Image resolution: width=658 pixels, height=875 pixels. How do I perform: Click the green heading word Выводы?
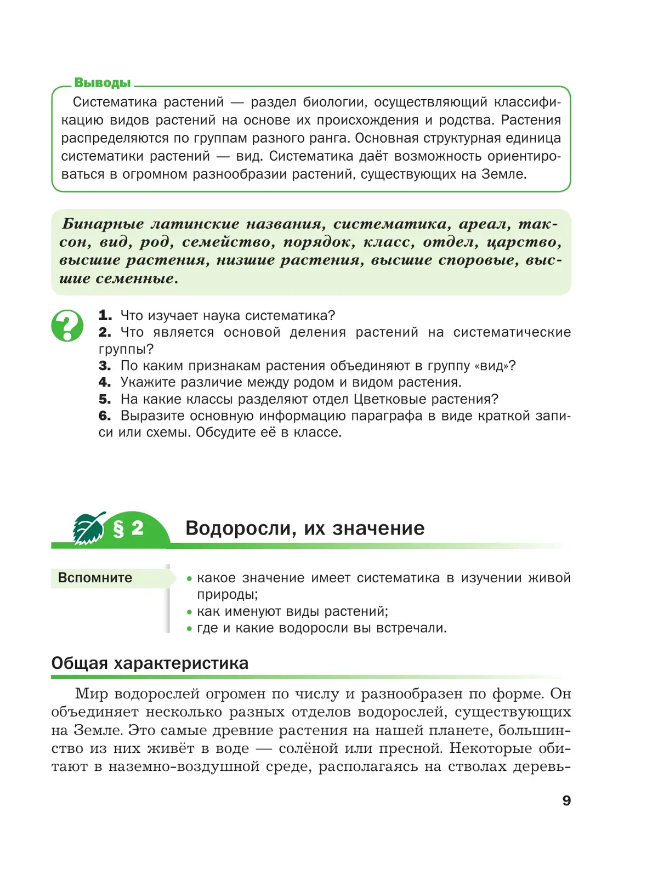[x=103, y=83]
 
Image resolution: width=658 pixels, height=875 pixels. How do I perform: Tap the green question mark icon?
[x=67, y=325]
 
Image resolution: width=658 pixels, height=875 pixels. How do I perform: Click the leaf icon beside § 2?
[x=89, y=529]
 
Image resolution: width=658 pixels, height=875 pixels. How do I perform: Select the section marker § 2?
[x=128, y=529]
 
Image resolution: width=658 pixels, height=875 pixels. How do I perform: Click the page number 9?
[x=566, y=800]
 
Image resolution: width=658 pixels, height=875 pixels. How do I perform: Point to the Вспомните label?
[x=95, y=578]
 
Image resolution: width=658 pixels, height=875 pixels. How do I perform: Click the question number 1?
[x=105, y=316]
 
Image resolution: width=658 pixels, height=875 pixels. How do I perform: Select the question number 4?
[x=105, y=382]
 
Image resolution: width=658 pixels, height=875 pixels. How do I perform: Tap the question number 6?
[x=105, y=416]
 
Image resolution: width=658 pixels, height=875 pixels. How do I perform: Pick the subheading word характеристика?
[x=181, y=663]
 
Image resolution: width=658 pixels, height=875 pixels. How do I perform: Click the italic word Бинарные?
[x=103, y=224]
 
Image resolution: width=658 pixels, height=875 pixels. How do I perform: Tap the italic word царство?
[x=524, y=242]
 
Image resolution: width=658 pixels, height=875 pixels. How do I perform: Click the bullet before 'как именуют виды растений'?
[x=189, y=612]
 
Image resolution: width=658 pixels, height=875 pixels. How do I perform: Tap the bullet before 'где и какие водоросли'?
[x=189, y=628]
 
